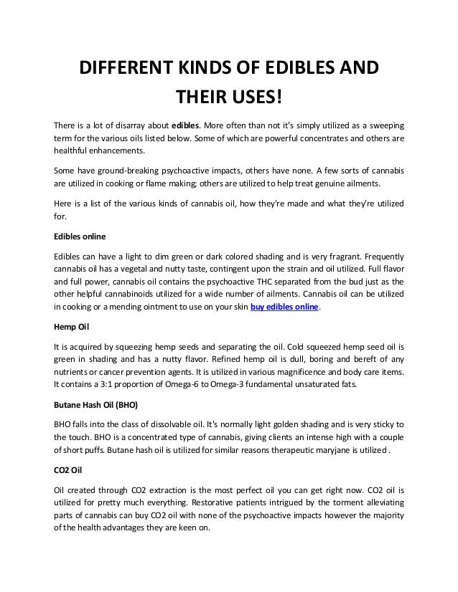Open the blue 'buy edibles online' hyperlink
(284, 307)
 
